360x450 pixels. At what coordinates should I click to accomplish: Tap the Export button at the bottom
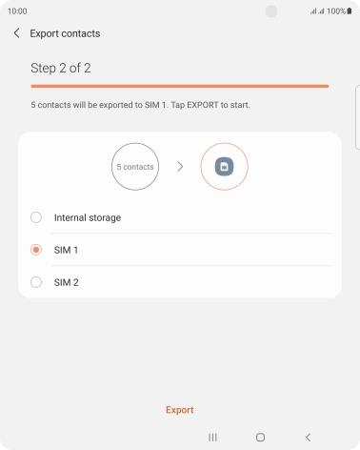[180, 410]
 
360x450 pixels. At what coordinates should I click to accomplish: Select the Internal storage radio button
[36, 217]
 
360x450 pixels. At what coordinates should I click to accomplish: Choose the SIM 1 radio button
[36, 250]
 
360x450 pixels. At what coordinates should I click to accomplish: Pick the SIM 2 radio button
[36, 282]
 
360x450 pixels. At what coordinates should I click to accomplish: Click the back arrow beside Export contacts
[16, 33]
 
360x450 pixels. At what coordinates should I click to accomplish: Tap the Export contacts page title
[65, 33]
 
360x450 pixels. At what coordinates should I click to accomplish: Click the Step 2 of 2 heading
[61, 68]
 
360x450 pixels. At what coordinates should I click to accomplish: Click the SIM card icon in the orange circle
[224, 167]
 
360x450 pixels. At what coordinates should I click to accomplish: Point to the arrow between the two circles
[180, 167]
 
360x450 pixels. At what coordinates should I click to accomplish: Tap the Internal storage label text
[88, 217]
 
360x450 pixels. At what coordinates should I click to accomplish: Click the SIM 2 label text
[66, 282]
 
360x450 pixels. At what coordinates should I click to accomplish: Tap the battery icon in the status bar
[350, 11]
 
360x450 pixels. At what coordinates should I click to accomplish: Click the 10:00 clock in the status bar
[17, 11]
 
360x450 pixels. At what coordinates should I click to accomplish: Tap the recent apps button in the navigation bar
[212, 438]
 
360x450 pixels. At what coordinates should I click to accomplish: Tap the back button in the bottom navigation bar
[308, 438]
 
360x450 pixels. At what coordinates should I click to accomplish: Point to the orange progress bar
[180, 86]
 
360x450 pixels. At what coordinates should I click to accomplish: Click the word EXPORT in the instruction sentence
[203, 105]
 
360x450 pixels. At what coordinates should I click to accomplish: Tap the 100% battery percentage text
[336, 11]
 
